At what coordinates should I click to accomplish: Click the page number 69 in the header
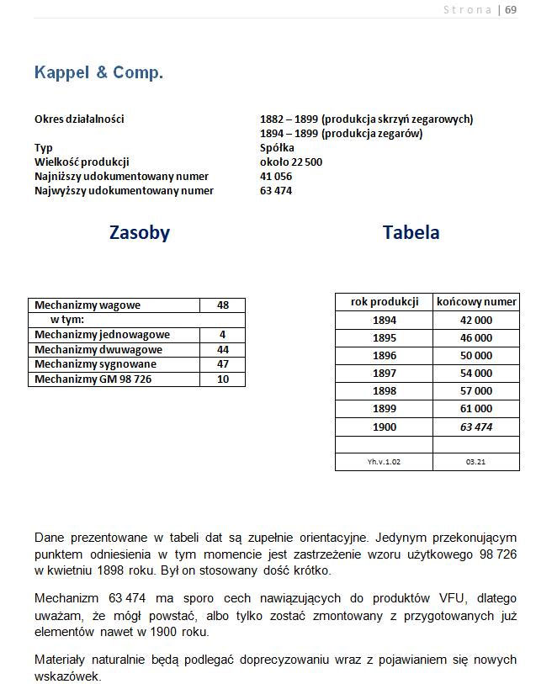click(x=511, y=10)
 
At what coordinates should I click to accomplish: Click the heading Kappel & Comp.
click(x=98, y=72)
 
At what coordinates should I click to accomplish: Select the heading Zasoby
click(x=140, y=233)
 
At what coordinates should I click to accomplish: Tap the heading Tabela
click(x=411, y=232)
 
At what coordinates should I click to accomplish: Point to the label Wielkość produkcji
click(x=82, y=162)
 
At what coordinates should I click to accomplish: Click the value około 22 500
click(x=291, y=162)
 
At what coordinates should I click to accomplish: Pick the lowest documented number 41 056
click(x=277, y=176)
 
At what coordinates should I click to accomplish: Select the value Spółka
click(x=278, y=147)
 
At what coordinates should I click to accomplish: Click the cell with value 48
click(x=223, y=305)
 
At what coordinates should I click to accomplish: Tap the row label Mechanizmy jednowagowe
click(x=102, y=335)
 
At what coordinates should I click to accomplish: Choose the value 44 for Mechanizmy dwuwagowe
click(x=223, y=349)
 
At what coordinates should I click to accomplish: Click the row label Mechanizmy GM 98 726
click(x=93, y=379)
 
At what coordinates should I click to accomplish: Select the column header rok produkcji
click(x=385, y=301)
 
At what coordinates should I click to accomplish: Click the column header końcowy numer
click(x=476, y=301)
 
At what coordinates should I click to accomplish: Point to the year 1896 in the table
click(x=385, y=356)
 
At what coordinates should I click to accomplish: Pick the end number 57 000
click(x=476, y=391)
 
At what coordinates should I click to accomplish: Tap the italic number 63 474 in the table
click(x=476, y=427)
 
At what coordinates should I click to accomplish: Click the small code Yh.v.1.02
click(x=385, y=462)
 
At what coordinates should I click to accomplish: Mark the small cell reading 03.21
click(x=476, y=462)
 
